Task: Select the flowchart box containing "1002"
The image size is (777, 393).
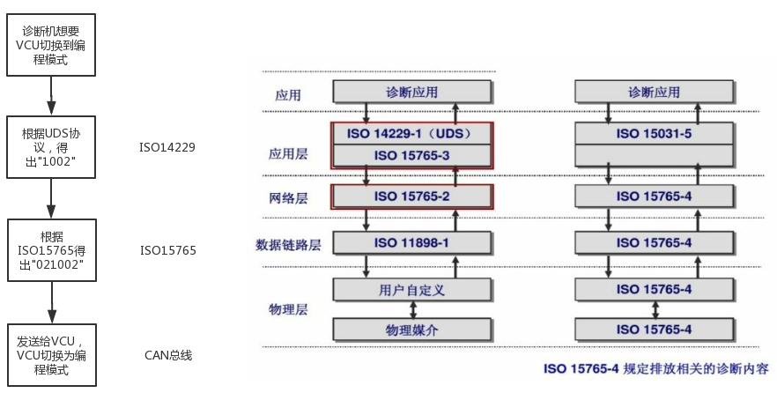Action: point(51,147)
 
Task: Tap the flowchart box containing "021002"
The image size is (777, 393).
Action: point(51,251)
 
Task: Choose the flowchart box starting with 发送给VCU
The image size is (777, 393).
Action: point(51,355)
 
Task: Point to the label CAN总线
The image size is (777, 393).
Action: point(167,355)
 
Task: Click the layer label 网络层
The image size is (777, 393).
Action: point(286,196)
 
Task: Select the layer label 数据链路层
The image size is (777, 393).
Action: point(287,243)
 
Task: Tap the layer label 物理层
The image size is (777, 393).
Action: point(286,309)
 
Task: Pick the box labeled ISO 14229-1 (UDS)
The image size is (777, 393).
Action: point(411,134)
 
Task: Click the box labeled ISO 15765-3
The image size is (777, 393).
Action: point(411,155)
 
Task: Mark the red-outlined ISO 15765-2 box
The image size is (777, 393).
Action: point(411,196)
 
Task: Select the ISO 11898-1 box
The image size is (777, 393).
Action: point(411,242)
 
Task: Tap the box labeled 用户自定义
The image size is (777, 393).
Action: point(411,288)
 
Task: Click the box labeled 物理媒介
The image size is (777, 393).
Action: point(411,330)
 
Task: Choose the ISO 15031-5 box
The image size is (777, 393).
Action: point(654,134)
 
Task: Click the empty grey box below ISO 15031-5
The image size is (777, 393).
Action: point(654,155)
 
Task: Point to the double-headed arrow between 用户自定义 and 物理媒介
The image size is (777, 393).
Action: point(411,309)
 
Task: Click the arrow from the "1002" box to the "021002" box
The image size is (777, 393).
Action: point(51,199)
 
